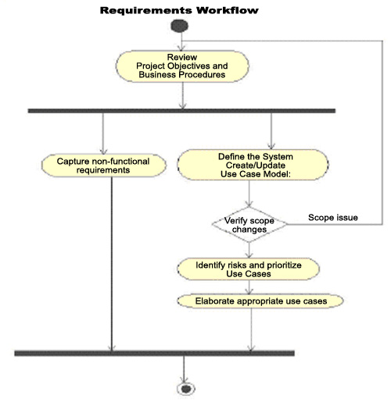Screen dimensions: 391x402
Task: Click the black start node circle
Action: pyautogui.click(x=179, y=26)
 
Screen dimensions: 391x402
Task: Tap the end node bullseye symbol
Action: pyautogui.click(x=186, y=389)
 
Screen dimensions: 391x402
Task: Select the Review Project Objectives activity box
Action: pyautogui.click(x=182, y=66)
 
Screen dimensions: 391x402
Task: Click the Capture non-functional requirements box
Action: pyautogui.click(x=104, y=165)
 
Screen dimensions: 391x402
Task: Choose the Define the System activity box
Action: pyautogui.click(x=253, y=165)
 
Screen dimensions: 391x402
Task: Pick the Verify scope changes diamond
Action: pyautogui.click(x=249, y=225)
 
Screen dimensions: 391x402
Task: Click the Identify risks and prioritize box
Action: pyautogui.click(x=249, y=269)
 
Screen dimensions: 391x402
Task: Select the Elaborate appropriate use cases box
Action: pyautogui.click(x=260, y=301)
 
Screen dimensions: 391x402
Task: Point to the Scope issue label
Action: pyautogui.click(x=333, y=218)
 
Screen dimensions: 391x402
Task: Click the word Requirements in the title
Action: pyautogui.click(x=145, y=10)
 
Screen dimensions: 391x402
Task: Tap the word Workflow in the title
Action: pyautogui.click(x=228, y=10)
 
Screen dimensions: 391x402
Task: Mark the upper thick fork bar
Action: pyautogui.click(x=181, y=111)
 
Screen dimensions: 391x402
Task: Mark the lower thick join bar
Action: pyautogui.click(x=155, y=354)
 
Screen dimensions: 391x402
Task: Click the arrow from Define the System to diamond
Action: pyautogui.click(x=249, y=194)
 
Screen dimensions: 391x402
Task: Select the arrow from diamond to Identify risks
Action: pyautogui.click(x=249, y=251)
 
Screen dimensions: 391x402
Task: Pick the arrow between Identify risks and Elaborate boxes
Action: pyautogui.click(x=249, y=287)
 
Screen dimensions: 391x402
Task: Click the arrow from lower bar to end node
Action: pyautogui.click(x=184, y=369)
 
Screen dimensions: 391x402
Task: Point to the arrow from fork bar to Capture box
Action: pyautogui.click(x=103, y=133)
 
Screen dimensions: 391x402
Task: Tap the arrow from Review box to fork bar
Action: pyautogui.click(x=183, y=95)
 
